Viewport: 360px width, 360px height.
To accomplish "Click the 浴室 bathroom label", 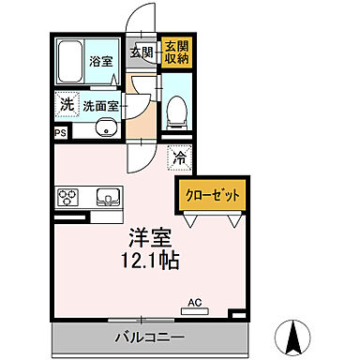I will click(99, 60).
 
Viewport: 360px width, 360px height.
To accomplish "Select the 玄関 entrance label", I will click(142, 52).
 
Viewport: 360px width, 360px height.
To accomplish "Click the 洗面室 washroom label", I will click(100, 106).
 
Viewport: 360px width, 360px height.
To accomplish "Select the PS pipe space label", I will click(60, 133).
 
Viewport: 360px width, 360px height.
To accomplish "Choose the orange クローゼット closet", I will click(211, 194).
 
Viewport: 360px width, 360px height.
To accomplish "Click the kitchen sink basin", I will click(106, 197).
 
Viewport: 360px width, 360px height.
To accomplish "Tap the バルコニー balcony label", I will click(149, 336).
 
